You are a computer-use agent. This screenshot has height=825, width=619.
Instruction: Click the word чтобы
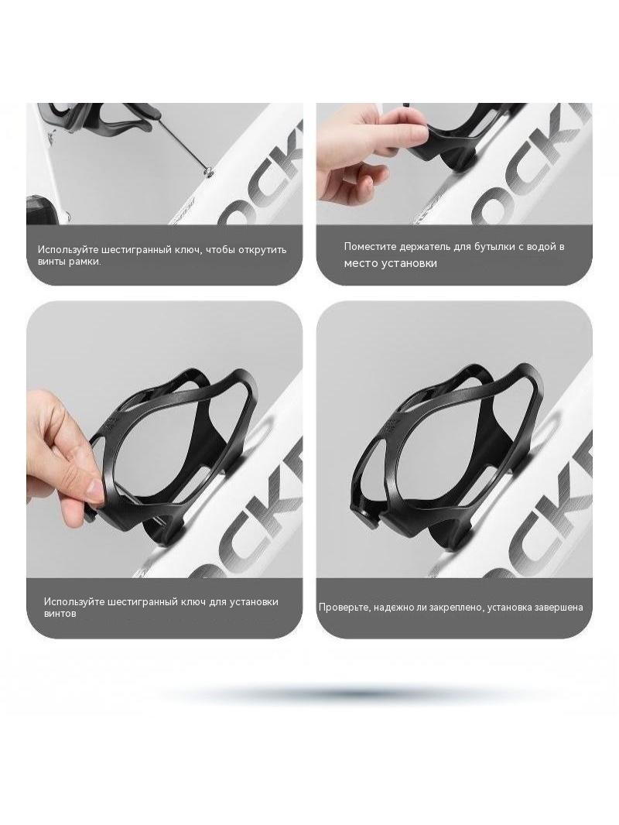[219, 249]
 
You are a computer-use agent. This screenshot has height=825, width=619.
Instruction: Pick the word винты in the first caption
[51, 262]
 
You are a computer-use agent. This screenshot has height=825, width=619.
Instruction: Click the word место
[359, 263]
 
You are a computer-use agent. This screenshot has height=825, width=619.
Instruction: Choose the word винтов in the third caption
[60, 614]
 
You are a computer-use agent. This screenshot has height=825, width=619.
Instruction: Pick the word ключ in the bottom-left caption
[191, 601]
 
